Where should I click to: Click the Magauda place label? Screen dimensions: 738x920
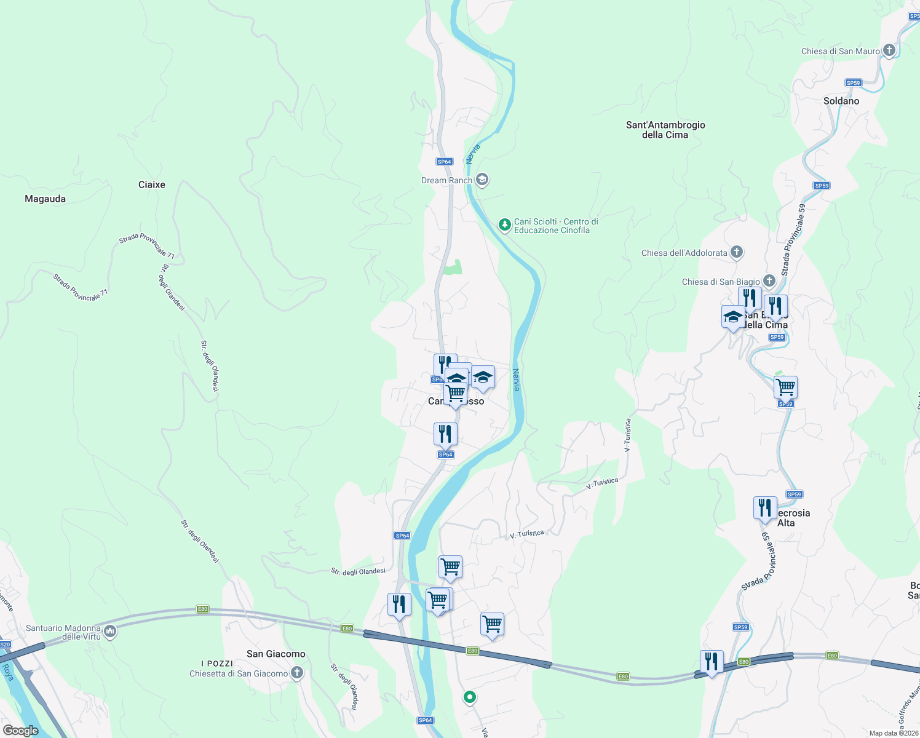(x=45, y=199)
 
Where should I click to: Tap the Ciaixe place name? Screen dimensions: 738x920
(x=152, y=184)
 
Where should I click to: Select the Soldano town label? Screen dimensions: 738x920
(x=841, y=101)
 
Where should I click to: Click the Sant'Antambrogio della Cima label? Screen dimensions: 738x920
(x=665, y=130)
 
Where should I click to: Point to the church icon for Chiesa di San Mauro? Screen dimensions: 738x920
(x=889, y=50)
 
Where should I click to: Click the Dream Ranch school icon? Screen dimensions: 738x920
(x=482, y=180)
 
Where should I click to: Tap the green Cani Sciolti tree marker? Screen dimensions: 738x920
(x=504, y=225)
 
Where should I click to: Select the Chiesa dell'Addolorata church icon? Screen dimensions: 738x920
(x=737, y=252)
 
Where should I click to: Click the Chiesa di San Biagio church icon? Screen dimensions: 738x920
(x=769, y=281)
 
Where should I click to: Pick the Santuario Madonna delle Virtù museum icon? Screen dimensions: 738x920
(x=110, y=632)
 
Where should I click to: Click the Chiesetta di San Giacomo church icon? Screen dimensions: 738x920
(x=297, y=673)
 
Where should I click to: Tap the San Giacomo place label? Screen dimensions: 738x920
(x=276, y=654)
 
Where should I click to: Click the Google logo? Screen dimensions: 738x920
(x=20, y=731)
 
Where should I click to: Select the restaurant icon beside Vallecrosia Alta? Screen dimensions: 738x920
(x=764, y=509)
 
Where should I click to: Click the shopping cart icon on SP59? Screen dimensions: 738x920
(x=785, y=388)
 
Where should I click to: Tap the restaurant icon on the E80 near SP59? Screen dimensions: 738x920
(x=712, y=662)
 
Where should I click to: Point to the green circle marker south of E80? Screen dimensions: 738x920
(x=470, y=697)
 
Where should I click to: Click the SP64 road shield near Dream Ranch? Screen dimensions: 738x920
(x=445, y=162)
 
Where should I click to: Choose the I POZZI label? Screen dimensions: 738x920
(x=217, y=664)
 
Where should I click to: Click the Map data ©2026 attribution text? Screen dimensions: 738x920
(x=893, y=733)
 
